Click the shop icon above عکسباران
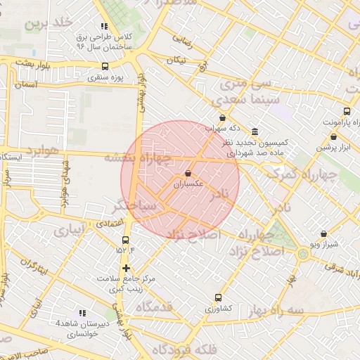click(x=188, y=173)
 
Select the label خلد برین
click(x=49, y=22)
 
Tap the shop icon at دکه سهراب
click(x=223, y=117)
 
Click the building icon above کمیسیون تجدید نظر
click(x=254, y=131)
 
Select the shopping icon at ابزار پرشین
click(x=333, y=137)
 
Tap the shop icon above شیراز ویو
click(x=323, y=233)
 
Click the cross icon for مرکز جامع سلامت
click(x=126, y=268)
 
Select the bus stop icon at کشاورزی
click(x=217, y=298)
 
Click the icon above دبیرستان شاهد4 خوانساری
click(x=82, y=313)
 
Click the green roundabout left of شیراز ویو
click(x=302, y=254)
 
